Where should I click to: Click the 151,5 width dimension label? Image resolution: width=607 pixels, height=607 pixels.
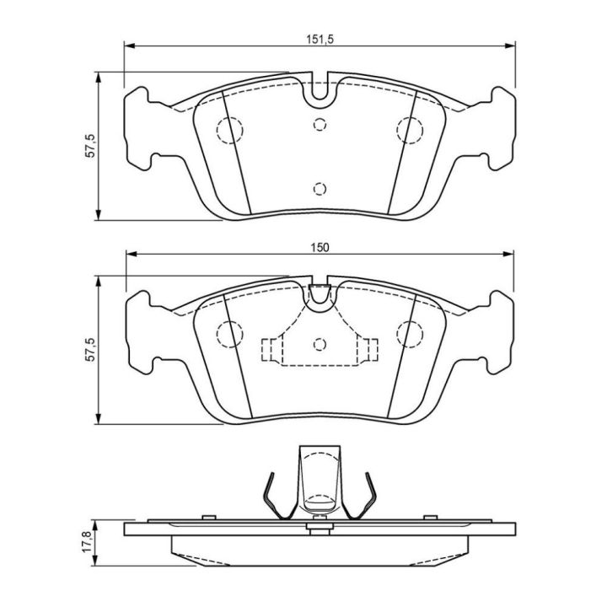pyautogui.click(x=320, y=39)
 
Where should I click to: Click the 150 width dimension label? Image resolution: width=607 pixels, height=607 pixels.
pyautogui.click(x=320, y=247)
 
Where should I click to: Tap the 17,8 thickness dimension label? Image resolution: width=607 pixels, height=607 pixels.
pyautogui.click(x=87, y=541)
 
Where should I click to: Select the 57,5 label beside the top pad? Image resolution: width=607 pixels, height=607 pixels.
pyautogui.click(x=90, y=146)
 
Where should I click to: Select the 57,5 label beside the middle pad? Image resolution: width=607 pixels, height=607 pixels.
pyautogui.click(x=90, y=350)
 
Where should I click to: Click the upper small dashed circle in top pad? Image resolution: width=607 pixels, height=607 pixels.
pyautogui.click(x=320, y=124)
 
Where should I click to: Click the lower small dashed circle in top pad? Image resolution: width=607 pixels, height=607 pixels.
pyautogui.click(x=320, y=189)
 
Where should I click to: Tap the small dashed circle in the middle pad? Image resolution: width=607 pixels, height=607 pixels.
pyautogui.click(x=320, y=344)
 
